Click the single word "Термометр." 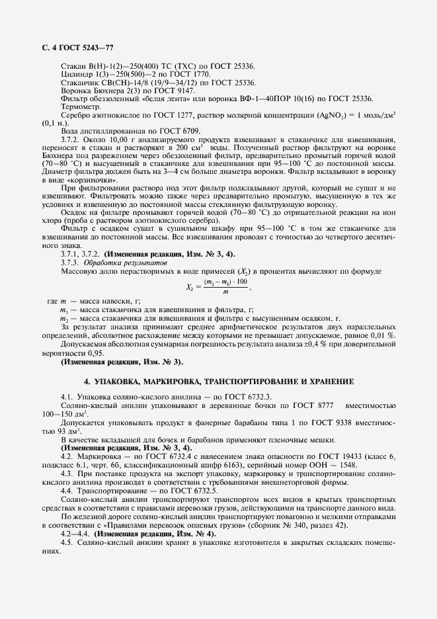coord(79,106)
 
